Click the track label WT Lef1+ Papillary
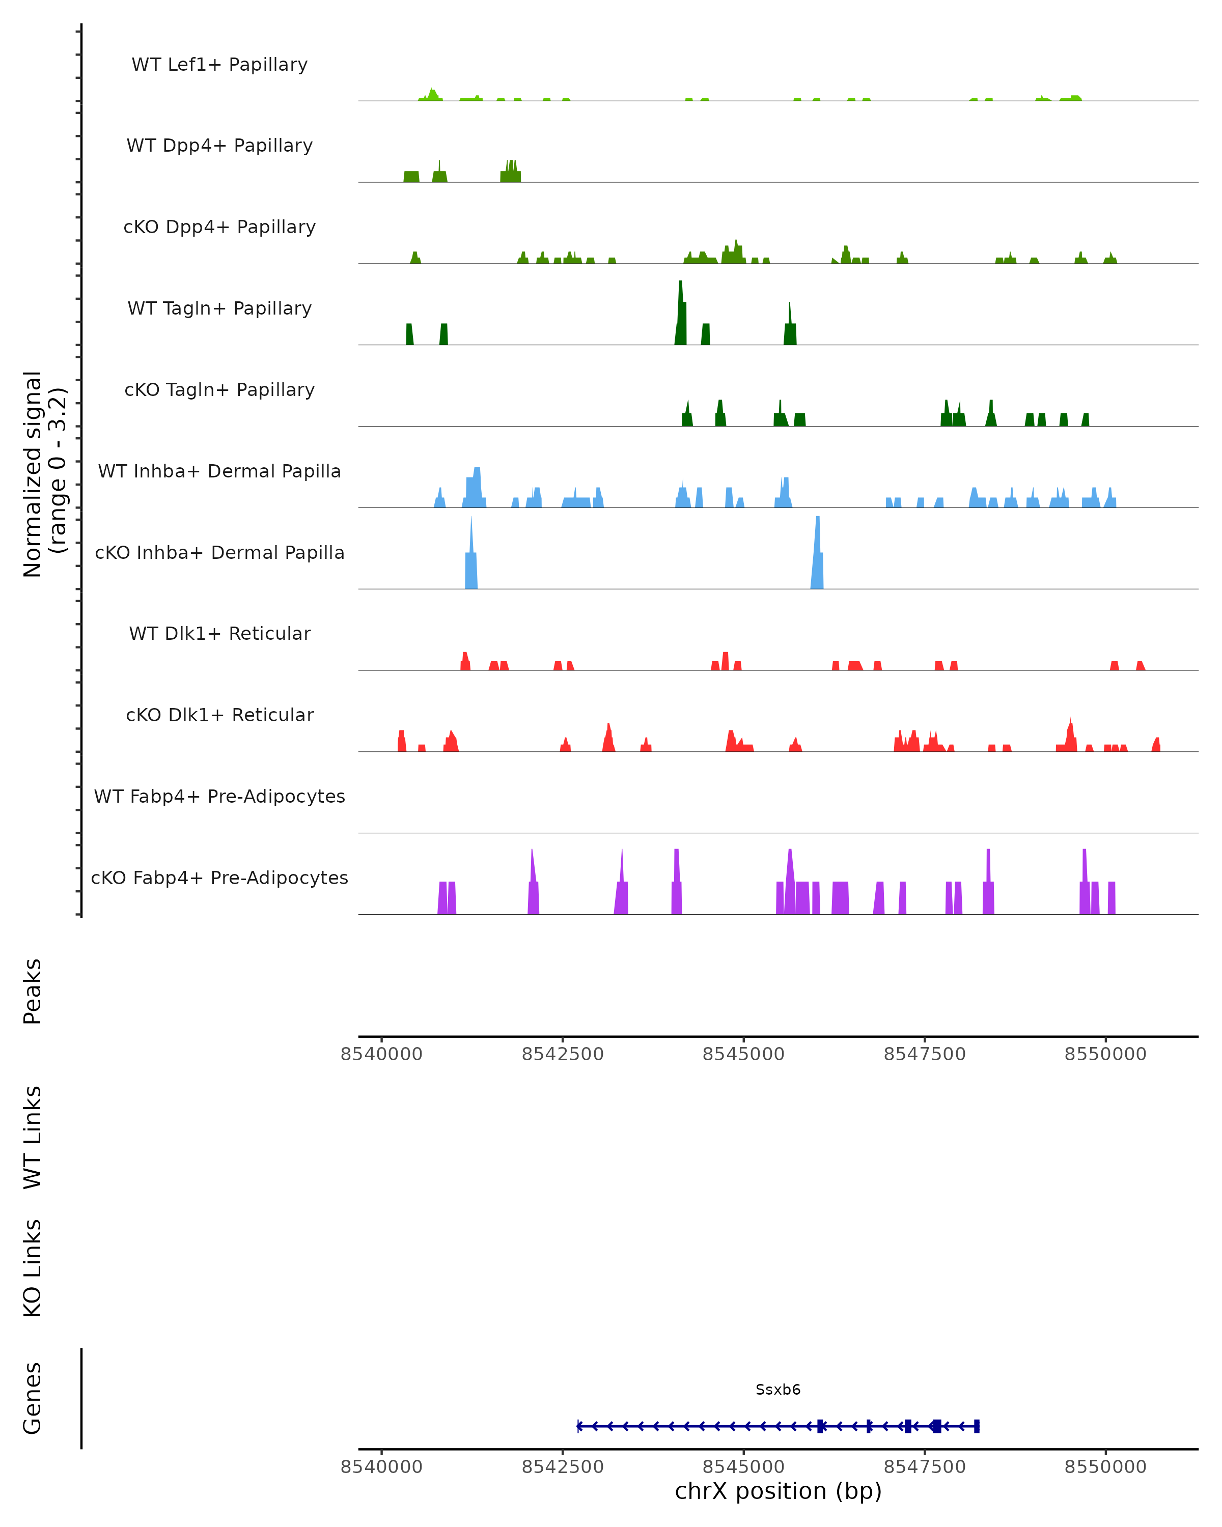click(x=219, y=65)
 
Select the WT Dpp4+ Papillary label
click(x=219, y=146)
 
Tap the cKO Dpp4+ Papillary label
click(x=219, y=228)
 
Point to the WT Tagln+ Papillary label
click(x=219, y=309)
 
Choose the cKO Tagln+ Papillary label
click(x=219, y=390)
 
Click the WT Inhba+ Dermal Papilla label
click(x=219, y=472)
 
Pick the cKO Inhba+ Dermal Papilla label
click(x=219, y=553)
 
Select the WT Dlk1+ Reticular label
click(x=219, y=634)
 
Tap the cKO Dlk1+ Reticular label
click(x=219, y=715)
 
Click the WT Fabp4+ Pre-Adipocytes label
click(x=219, y=797)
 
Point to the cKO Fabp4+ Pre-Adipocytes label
click(x=219, y=878)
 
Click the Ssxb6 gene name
click(x=778, y=1390)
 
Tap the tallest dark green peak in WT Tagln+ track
click(x=681, y=312)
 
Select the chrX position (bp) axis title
click(x=778, y=1491)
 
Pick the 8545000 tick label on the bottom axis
click(x=744, y=1467)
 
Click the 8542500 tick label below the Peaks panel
click(x=563, y=1054)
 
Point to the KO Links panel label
click(x=33, y=1268)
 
